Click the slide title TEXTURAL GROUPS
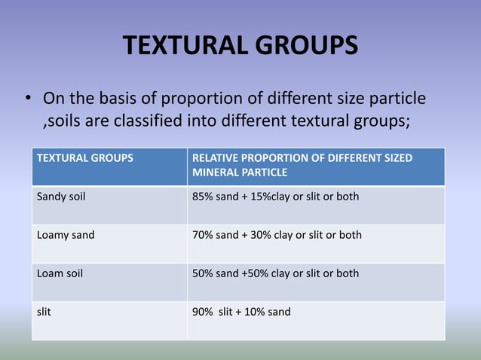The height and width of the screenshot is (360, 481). click(x=240, y=47)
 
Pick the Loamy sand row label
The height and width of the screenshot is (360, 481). click(x=66, y=235)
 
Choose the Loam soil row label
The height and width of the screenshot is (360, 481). click(x=60, y=273)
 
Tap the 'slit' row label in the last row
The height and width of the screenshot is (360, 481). click(x=44, y=312)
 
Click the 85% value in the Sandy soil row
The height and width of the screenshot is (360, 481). click(x=204, y=197)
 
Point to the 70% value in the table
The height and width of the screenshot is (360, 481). click(x=204, y=235)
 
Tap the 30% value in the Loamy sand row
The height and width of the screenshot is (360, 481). click(x=259, y=235)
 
